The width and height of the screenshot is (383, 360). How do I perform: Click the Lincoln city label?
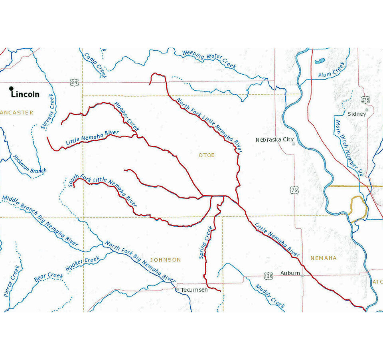[25, 95]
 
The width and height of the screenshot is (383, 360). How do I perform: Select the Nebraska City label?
[274, 140]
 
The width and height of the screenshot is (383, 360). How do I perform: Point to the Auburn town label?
[290, 273]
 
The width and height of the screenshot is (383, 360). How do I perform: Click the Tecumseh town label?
[194, 290]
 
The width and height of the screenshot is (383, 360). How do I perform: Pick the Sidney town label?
[357, 114]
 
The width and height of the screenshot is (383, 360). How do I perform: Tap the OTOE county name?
[206, 155]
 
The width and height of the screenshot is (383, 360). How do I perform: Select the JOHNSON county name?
[165, 260]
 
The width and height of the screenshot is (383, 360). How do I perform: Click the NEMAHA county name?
[323, 258]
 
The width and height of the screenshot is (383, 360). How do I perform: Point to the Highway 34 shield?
[74, 82]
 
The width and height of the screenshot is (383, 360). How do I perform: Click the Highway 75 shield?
[294, 191]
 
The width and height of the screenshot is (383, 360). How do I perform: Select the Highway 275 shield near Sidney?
[365, 100]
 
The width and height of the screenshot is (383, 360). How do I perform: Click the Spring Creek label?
[206, 242]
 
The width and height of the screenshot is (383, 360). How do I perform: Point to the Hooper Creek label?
[126, 117]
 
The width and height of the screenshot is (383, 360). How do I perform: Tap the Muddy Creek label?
[270, 296]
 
